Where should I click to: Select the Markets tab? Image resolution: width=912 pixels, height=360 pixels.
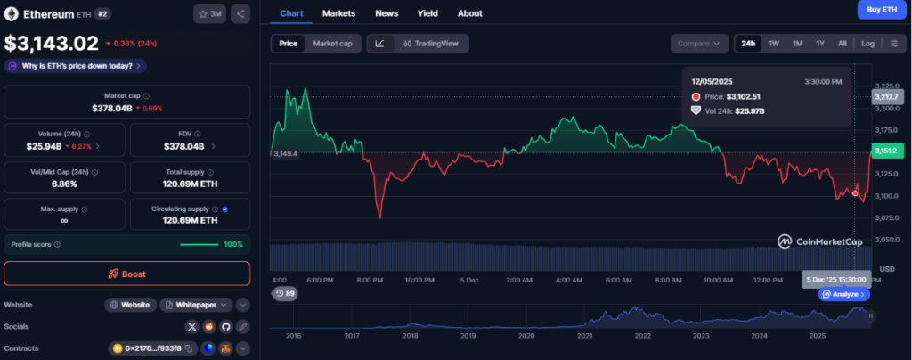click(338, 13)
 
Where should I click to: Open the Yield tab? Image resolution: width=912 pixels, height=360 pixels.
click(427, 13)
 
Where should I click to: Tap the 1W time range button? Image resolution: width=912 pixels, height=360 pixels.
click(774, 43)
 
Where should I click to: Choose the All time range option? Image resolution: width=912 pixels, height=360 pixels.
click(842, 43)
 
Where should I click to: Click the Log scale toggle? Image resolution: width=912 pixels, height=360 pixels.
click(867, 43)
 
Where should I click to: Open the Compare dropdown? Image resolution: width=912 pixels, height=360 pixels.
click(698, 43)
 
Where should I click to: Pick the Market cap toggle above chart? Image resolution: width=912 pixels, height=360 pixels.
click(333, 43)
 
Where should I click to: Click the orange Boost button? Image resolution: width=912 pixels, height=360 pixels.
click(126, 274)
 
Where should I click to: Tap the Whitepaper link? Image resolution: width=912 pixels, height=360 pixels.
click(196, 305)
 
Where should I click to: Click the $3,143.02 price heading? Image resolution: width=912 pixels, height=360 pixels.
click(52, 43)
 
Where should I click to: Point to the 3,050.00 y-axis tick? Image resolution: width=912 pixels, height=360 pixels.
click(890, 240)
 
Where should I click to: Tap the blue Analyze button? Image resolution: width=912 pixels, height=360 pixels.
click(843, 294)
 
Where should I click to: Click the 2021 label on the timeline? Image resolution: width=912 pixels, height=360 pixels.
click(584, 336)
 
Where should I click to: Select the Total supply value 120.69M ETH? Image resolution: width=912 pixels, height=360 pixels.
click(190, 184)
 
